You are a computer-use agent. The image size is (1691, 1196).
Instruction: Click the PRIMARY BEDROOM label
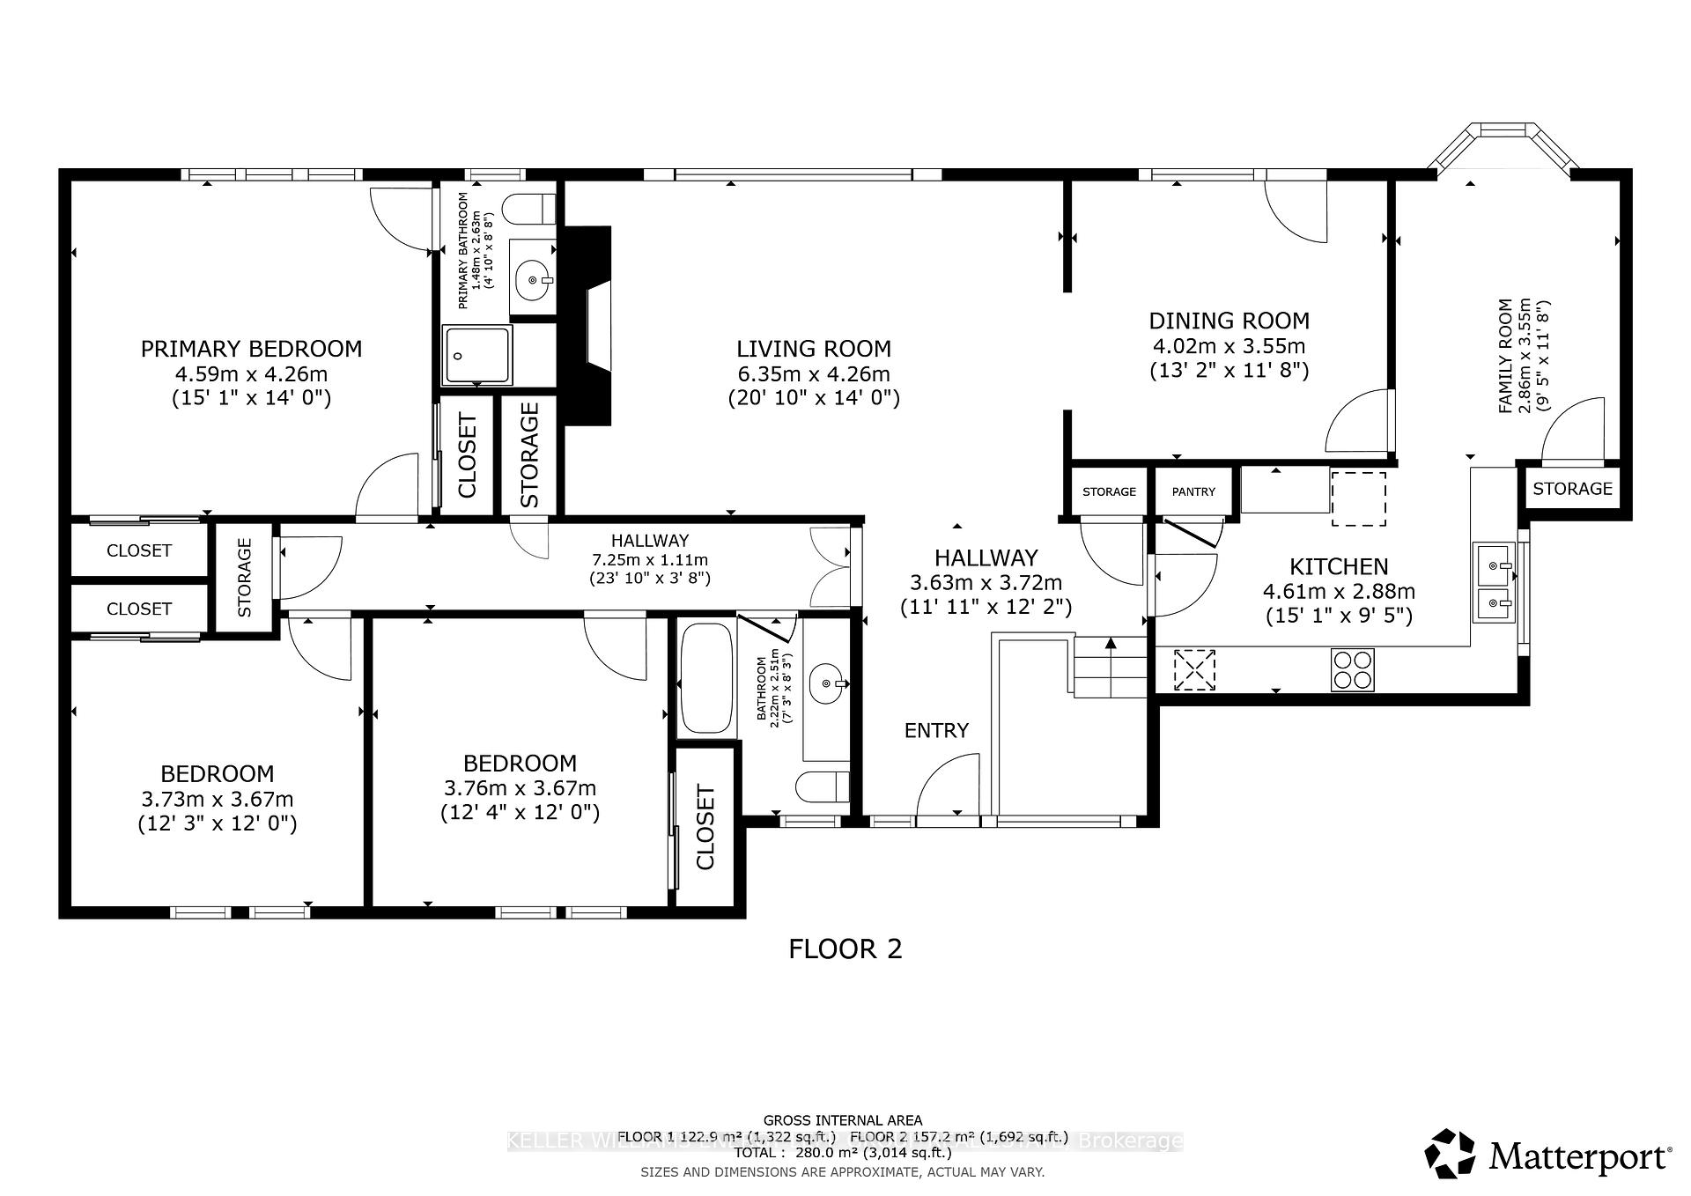pos(251,349)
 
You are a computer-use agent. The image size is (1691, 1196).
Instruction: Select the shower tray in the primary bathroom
pos(477,355)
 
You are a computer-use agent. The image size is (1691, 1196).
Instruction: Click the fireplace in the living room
pos(588,326)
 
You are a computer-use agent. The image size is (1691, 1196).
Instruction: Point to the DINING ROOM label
pos(1229,321)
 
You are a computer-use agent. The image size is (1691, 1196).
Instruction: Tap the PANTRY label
pos(1193,492)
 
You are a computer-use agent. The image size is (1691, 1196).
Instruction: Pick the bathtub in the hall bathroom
pos(706,679)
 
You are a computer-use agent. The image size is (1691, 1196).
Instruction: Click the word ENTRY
pos(936,730)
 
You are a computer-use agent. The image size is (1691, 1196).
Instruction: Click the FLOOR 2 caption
pos(845,949)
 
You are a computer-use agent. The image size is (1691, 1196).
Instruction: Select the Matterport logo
pos(1548,1154)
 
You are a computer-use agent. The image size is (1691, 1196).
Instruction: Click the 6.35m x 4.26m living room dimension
pos(814,373)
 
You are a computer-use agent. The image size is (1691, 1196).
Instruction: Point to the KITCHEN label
pos(1339,566)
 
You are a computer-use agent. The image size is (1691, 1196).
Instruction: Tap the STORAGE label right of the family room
pos(1572,489)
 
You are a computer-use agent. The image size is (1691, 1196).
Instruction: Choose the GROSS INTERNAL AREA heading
pos(843,1120)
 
